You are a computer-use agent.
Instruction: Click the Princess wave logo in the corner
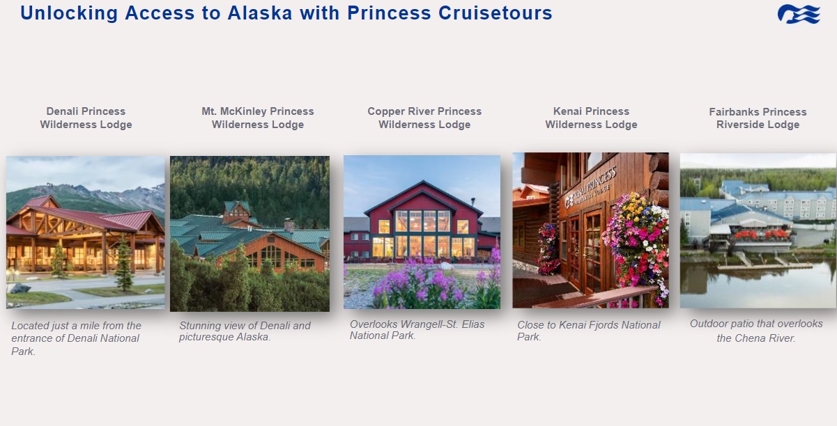pos(799,14)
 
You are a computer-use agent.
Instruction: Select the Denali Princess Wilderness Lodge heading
pos(86,118)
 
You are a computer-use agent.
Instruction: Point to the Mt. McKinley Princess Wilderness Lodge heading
pos(258,118)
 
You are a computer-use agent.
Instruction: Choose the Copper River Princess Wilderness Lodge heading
pos(424,118)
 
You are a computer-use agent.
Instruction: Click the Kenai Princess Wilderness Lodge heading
pos(591,118)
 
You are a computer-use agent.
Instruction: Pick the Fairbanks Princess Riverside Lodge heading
pos(758,118)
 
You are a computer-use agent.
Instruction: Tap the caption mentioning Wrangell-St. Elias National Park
pos(417,330)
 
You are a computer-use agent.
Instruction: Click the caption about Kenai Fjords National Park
pos(589,331)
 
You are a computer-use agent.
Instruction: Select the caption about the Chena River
pos(756,331)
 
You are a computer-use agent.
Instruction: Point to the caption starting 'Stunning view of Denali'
pos(245,331)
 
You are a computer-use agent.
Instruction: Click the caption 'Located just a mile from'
pos(76,338)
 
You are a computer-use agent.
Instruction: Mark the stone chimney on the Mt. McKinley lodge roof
pos(289,223)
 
